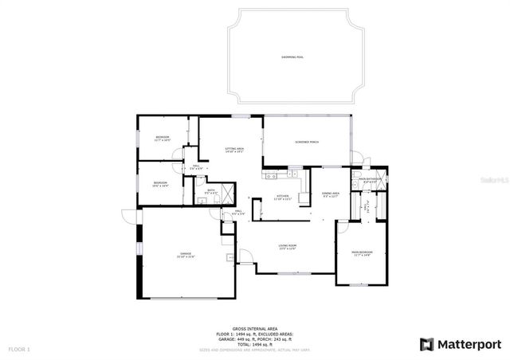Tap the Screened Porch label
pos(308,142)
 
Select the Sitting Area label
pos(233,149)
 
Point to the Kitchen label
pos(282,197)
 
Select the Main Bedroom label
pos(363,253)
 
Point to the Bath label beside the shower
pos(211,191)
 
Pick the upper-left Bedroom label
pos(163,139)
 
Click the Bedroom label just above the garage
pos(160,184)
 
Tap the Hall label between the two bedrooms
pos(195,166)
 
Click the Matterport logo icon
pos(427,344)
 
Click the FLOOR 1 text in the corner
pos(19,350)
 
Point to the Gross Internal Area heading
pos(255,328)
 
